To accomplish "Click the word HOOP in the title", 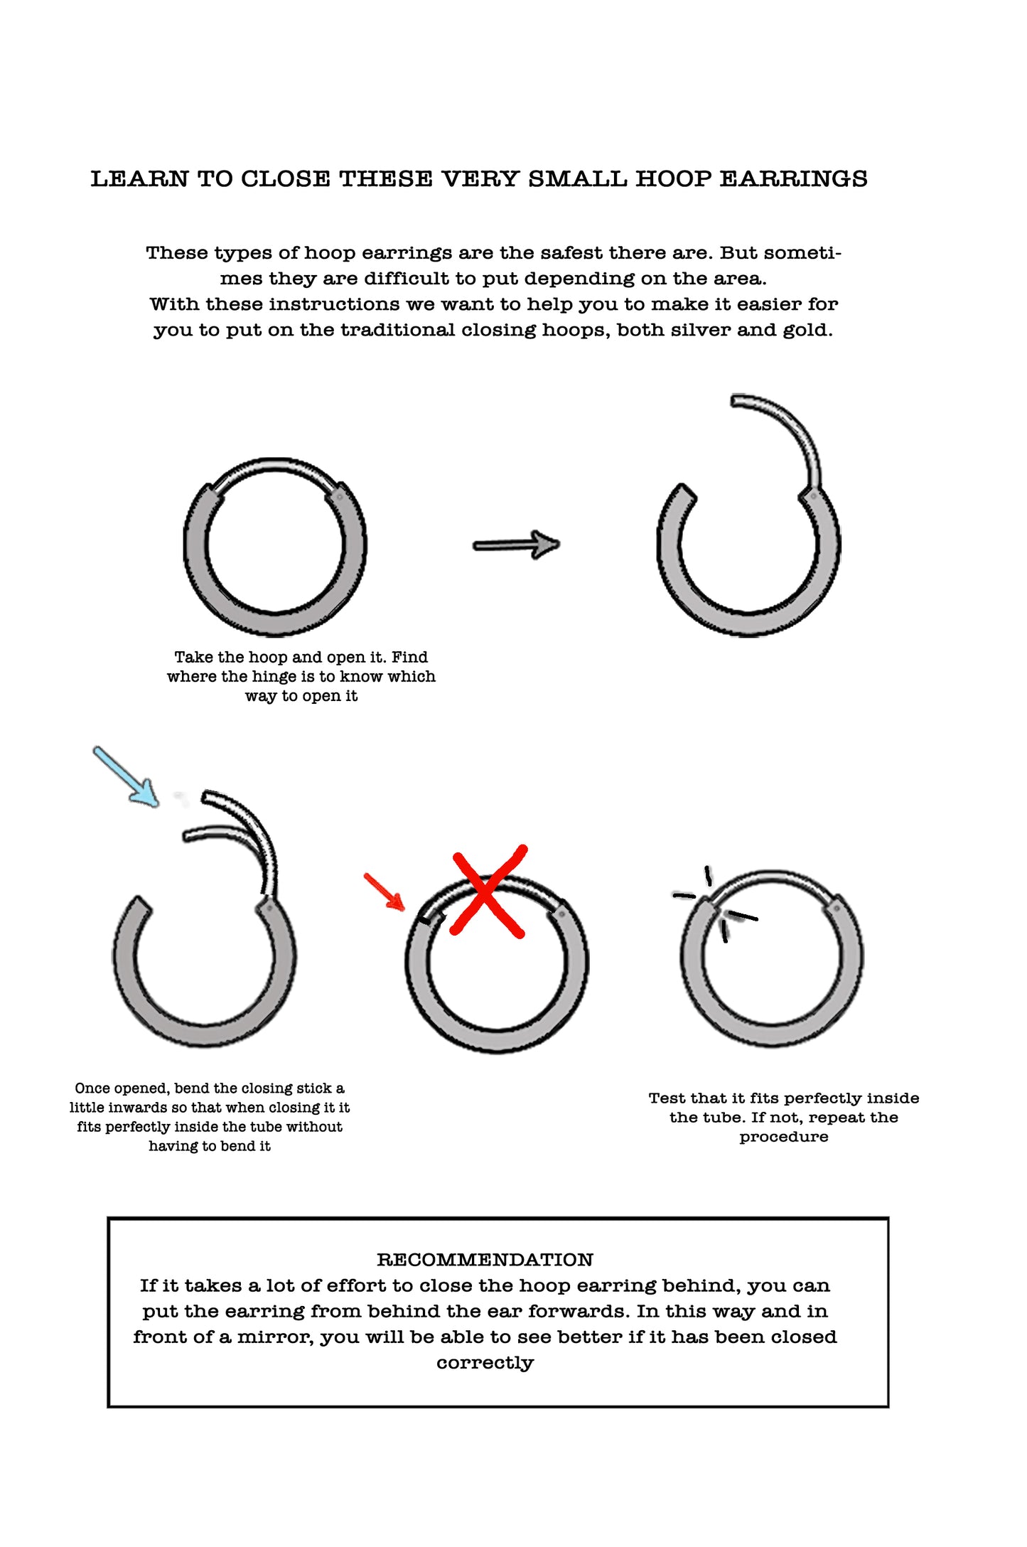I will click(672, 179).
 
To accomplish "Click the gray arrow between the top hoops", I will click(516, 545).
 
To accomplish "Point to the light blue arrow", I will click(126, 776).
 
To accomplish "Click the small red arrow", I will click(385, 892).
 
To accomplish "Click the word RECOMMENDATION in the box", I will click(485, 1260).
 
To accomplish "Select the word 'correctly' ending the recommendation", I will click(485, 1363).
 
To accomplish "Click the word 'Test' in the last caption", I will click(667, 1098).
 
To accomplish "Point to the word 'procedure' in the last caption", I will click(783, 1137).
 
